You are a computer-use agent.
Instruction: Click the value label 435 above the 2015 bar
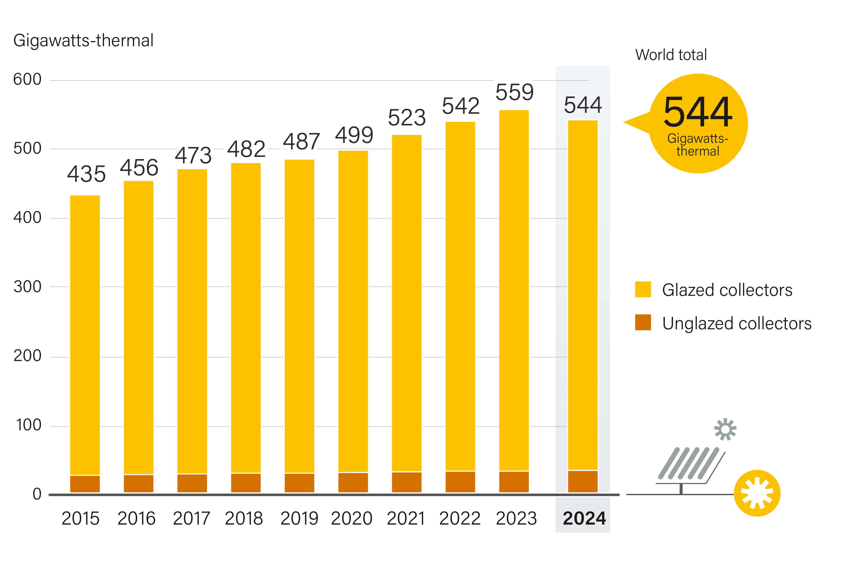click(86, 174)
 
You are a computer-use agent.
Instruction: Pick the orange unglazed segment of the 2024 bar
click(582, 481)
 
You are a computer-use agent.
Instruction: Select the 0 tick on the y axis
click(37, 494)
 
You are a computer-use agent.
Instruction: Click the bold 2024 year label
click(584, 518)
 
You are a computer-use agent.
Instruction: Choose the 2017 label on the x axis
click(191, 518)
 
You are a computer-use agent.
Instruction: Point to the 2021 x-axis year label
click(406, 518)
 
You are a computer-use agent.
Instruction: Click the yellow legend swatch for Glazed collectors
click(643, 289)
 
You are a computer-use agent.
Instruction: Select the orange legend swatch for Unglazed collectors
click(643, 322)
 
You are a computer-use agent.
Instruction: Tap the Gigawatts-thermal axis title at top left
click(83, 40)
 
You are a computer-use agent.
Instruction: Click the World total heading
click(671, 55)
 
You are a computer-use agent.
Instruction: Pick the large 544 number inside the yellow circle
click(698, 112)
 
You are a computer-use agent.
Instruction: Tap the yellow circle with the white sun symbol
click(757, 493)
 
